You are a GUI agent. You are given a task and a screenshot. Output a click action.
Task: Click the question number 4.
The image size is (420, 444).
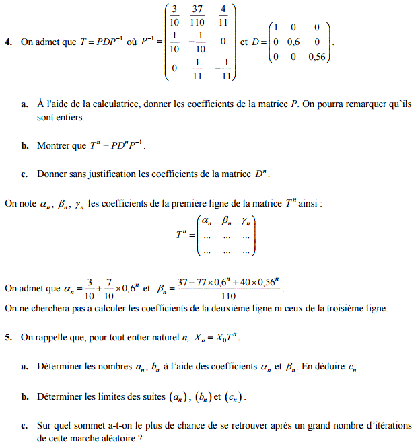coord(7,42)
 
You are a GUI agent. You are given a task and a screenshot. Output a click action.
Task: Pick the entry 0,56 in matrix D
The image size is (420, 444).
coord(316,57)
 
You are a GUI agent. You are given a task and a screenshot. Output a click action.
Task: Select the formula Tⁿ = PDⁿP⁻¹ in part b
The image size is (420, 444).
coord(118,145)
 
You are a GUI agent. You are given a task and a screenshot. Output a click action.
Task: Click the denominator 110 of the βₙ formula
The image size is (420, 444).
coord(228,295)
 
